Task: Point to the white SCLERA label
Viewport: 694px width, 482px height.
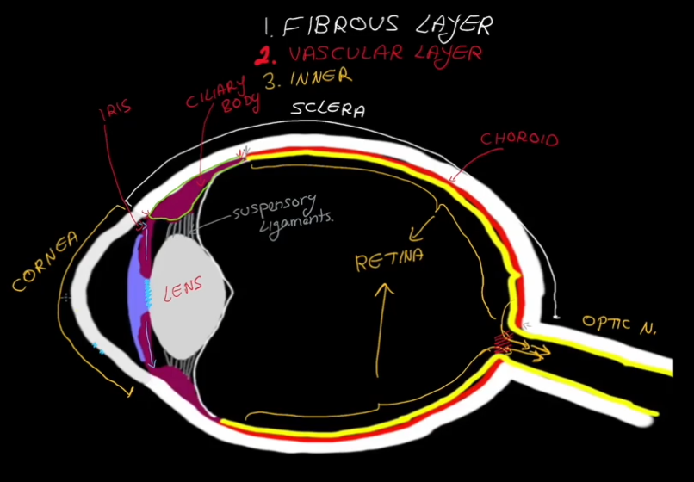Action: point(327,110)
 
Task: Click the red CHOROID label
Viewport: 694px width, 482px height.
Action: point(519,139)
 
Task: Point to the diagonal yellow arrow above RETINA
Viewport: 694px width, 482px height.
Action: point(424,226)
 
